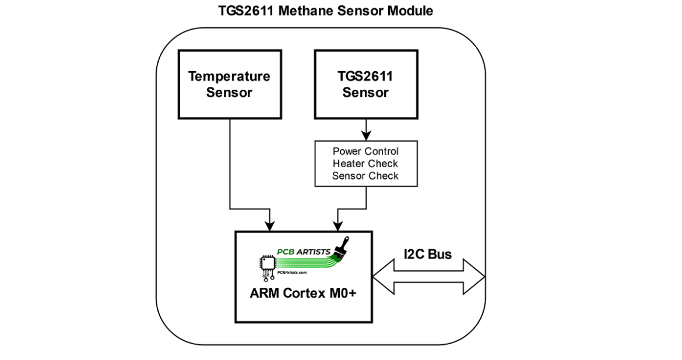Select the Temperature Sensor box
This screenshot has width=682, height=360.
229,84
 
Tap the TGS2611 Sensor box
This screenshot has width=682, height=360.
365,84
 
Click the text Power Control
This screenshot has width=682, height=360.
365,151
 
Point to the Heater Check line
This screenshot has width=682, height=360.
365,164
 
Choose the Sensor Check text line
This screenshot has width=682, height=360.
365,176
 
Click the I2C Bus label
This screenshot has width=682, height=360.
428,254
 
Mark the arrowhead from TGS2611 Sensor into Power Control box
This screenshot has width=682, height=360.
366,136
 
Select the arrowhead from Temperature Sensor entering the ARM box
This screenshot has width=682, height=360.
269,226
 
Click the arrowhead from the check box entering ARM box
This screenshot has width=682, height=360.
337,226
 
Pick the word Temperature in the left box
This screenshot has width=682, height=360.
229,77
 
